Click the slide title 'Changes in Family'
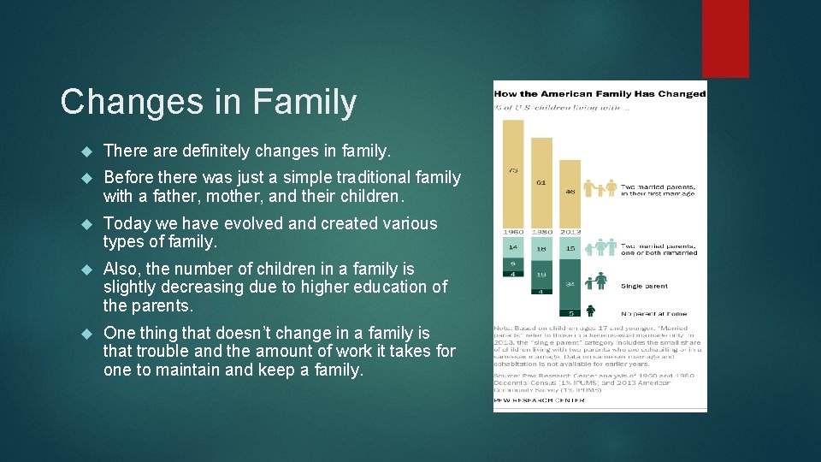(209, 102)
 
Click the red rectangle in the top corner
(725, 38)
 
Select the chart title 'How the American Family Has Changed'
(600, 93)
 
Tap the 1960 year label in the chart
(513, 230)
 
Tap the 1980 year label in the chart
(541, 230)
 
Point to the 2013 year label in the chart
(570, 230)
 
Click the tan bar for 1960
(513, 171)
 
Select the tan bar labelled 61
(541, 181)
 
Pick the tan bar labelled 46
(570, 192)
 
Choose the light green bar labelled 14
(513, 246)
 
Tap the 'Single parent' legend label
(645, 286)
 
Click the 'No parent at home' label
(654, 313)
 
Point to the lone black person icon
(591, 311)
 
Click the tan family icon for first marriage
(600, 188)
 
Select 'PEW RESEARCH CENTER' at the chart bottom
(540, 400)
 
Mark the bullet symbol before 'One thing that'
(86, 334)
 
